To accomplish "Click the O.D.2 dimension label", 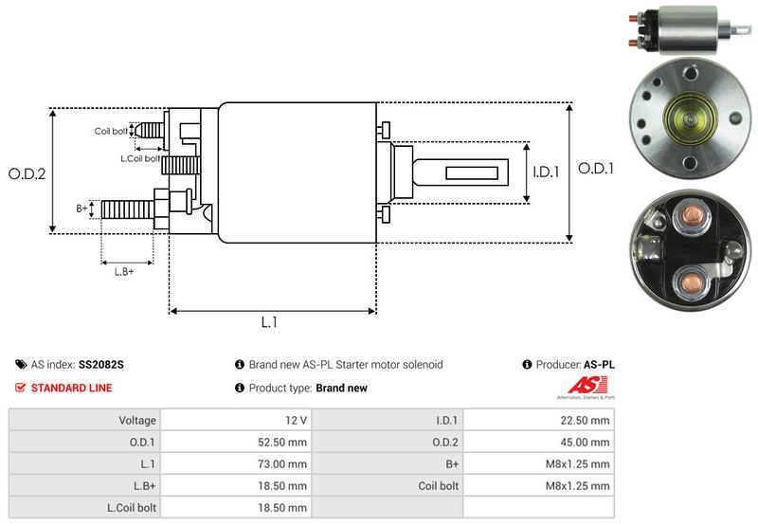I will click(27, 173).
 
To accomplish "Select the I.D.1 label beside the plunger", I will click(548, 172).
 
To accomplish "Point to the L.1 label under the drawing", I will click(269, 321).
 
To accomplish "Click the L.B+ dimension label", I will click(124, 271).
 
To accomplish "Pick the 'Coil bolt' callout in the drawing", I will click(110, 132).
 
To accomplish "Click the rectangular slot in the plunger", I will click(464, 172).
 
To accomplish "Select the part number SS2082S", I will click(101, 364).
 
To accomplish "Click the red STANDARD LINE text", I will click(71, 388).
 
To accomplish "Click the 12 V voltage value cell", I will click(297, 420).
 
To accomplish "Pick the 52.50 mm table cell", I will click(284, 442).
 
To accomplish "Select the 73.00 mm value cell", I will click(284, 463).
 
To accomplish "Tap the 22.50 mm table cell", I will click(587, 420).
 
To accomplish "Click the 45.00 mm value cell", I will click(587, 442).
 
